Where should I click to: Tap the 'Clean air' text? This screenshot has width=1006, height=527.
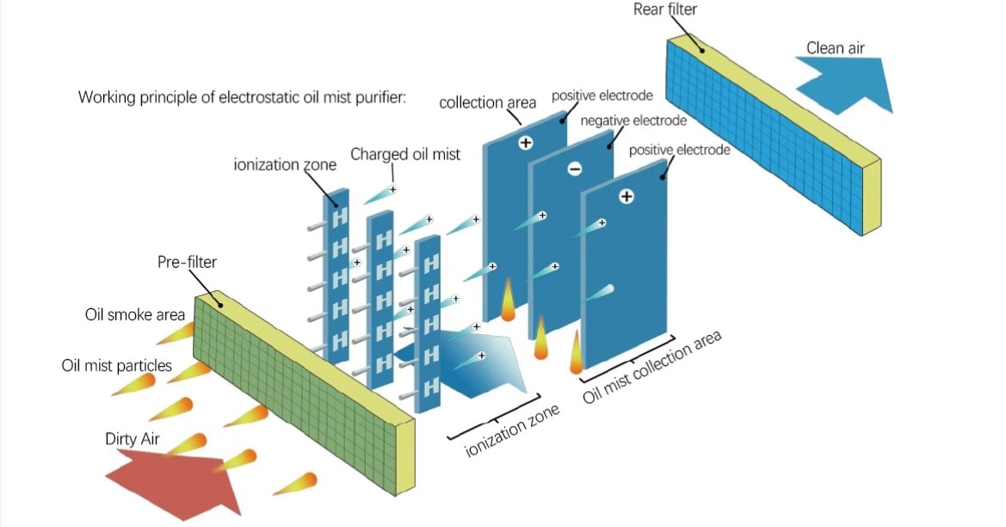coord(835,48)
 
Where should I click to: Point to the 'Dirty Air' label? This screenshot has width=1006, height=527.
coord(130,439)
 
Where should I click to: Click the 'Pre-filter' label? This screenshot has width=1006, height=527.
coord(185,262)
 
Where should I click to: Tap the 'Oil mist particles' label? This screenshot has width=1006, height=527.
coord(116,366)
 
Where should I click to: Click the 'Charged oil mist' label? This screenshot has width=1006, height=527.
coord(404,154)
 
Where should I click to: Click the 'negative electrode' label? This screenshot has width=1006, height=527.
coord(633,121)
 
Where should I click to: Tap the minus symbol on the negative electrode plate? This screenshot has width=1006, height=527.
coord(575,170)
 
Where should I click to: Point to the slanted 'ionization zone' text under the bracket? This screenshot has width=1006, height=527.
coord(512,431)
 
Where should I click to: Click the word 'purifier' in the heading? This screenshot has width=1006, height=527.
coord(379,96)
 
